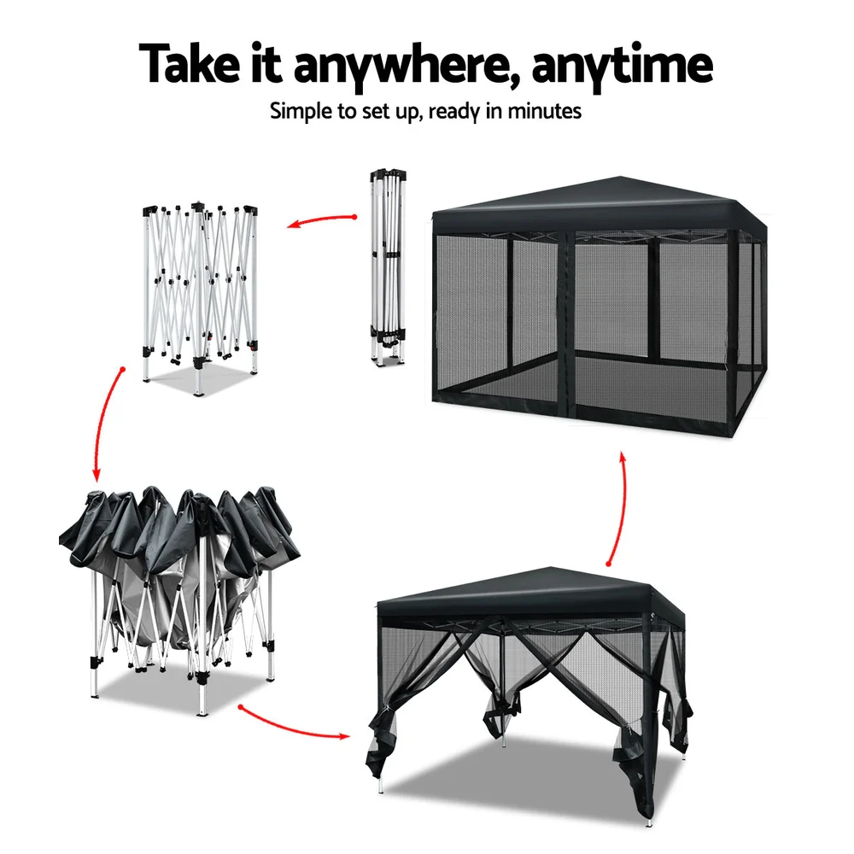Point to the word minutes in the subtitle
[x=546, y=111]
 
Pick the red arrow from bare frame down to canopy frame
[x=104, y=423]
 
